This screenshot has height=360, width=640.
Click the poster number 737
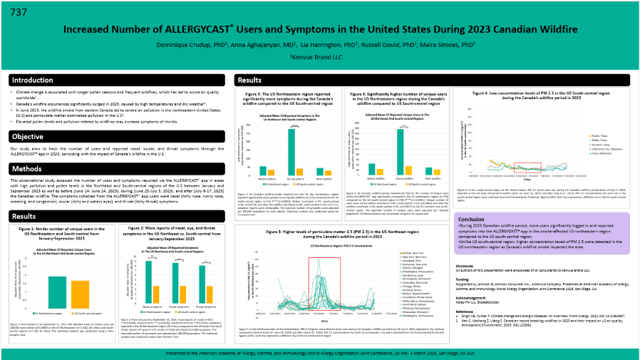(x=20, y=11)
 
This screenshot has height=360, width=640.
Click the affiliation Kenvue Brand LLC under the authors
(x=319, y=56)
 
